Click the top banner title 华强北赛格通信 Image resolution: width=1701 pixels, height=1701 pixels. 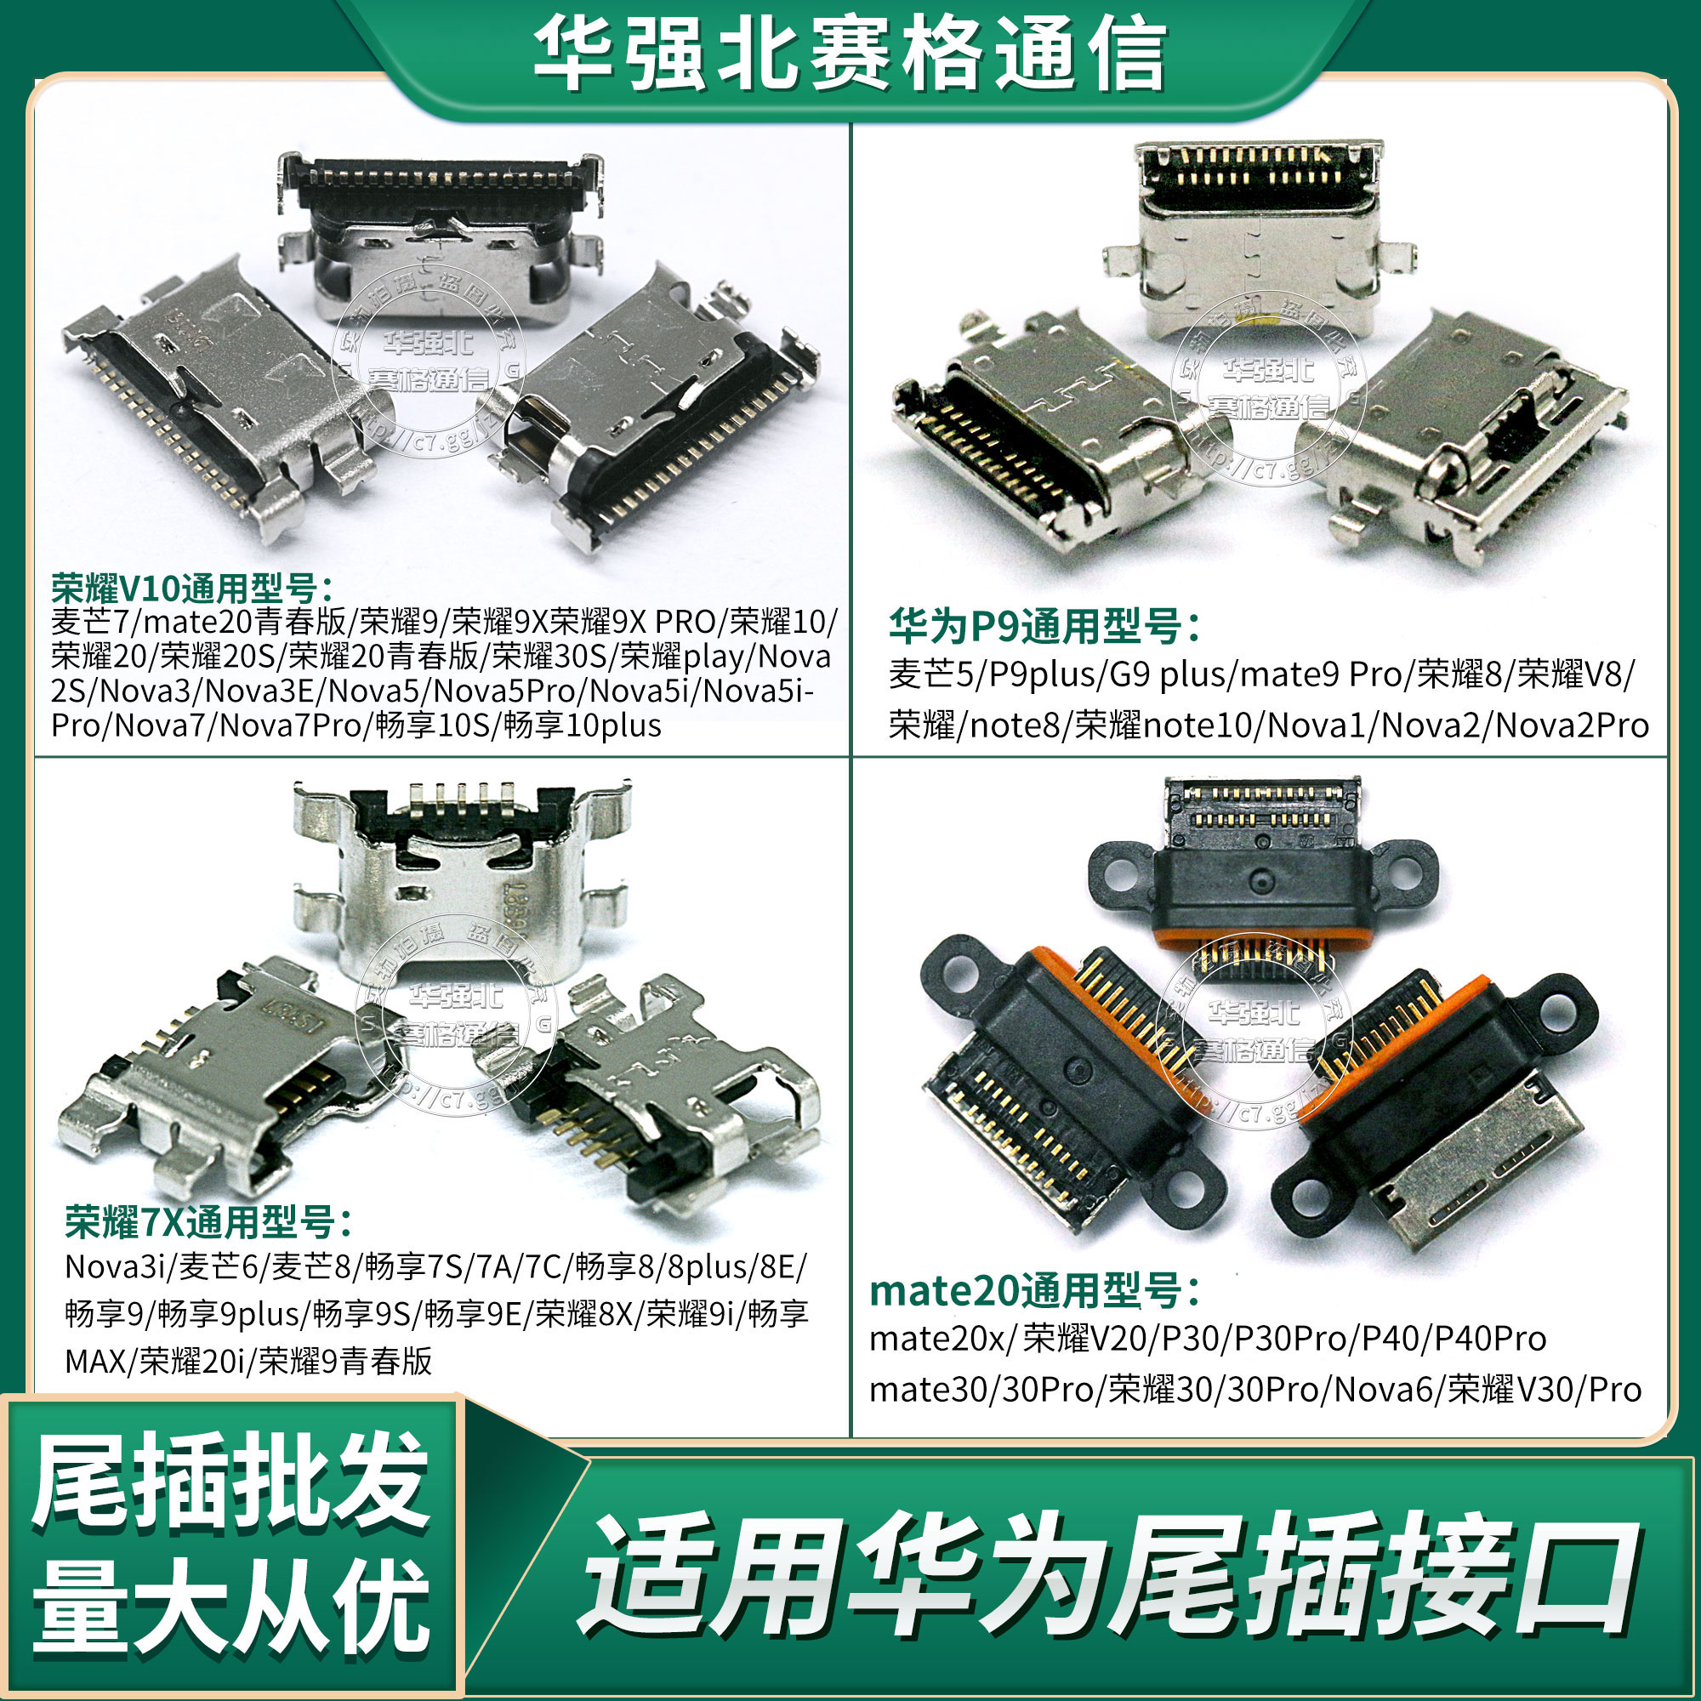click(x=850, y=54)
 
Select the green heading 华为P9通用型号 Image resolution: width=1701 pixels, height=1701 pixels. click(x=1044, y=627)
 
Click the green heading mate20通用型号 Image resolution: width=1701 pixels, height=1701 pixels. click(x=1034, y=1292)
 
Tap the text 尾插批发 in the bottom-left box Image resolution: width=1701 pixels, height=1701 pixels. click(x=230, y=1482)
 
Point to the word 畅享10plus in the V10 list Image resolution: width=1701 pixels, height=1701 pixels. click(x=582, y=725)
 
